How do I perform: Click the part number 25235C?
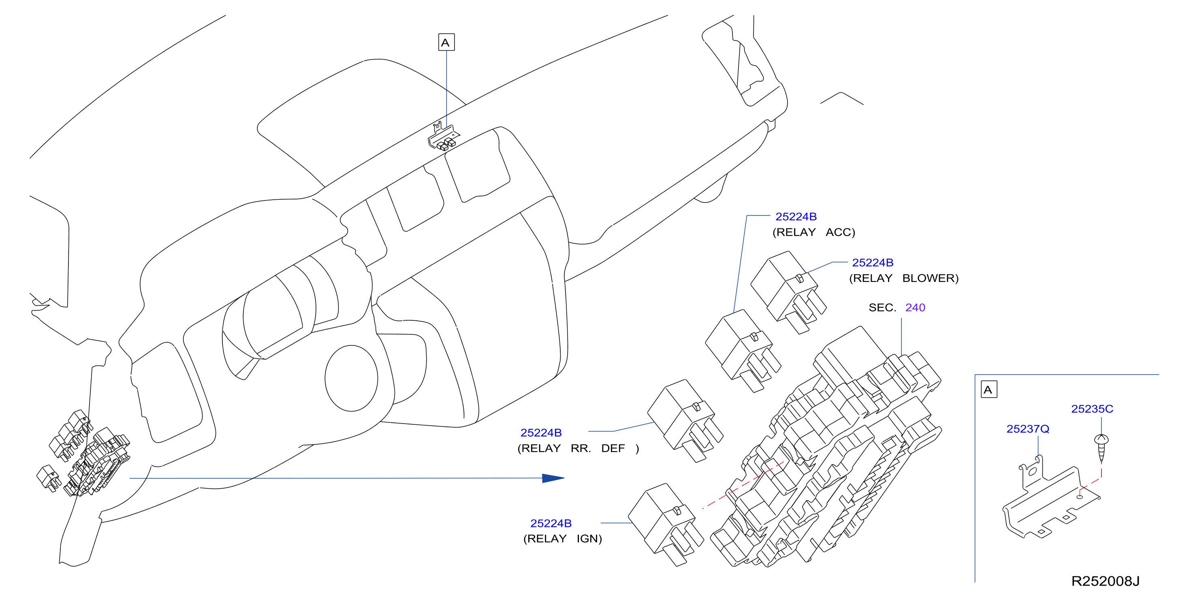tap(1092, 409)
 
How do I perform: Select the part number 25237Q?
tap(1028, 429)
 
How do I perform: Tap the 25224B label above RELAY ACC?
tap(796, 217)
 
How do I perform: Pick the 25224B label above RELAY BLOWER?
tap(873, 263)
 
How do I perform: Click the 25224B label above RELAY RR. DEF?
tap(541, 433)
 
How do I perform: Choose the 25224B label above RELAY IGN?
tap(551, 524)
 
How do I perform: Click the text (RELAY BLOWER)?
tap(904, 278)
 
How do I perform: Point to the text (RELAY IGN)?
tap(563, 539)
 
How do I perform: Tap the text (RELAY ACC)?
tap(814, 232)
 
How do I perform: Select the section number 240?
tap(915, 307)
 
